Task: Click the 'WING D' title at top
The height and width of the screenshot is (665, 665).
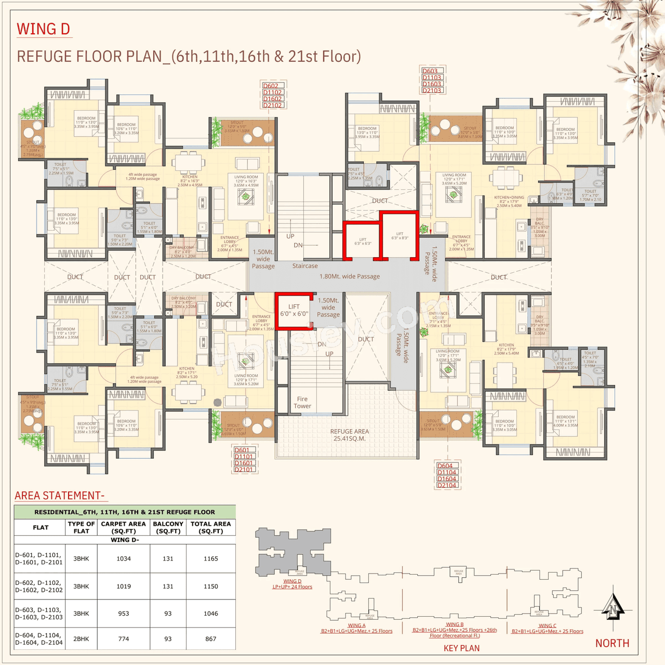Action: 43,29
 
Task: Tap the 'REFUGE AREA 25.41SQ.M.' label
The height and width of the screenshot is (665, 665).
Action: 350,435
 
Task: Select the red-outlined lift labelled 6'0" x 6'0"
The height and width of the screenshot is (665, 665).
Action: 294,311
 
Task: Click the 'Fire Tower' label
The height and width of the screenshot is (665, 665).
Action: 302,403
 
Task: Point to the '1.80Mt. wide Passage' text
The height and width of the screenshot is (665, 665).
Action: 350,276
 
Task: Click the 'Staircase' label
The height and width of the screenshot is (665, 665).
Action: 305,266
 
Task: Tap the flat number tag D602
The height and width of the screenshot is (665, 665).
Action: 271,86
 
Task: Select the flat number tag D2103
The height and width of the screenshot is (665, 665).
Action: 432,90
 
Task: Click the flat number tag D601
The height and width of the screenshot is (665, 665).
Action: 242,450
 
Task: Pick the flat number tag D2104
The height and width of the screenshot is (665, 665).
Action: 446,485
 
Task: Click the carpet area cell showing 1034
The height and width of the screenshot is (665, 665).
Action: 124,558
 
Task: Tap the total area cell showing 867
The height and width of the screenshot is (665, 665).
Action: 211,639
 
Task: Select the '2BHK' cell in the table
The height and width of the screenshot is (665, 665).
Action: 81,639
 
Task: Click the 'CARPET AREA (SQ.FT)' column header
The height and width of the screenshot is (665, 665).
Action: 124,527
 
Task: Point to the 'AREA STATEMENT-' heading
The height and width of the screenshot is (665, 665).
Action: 60,495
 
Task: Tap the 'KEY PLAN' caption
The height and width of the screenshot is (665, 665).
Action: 461,648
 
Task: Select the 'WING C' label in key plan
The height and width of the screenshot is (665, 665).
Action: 547,626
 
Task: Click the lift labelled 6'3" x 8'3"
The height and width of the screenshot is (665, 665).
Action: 400,235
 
